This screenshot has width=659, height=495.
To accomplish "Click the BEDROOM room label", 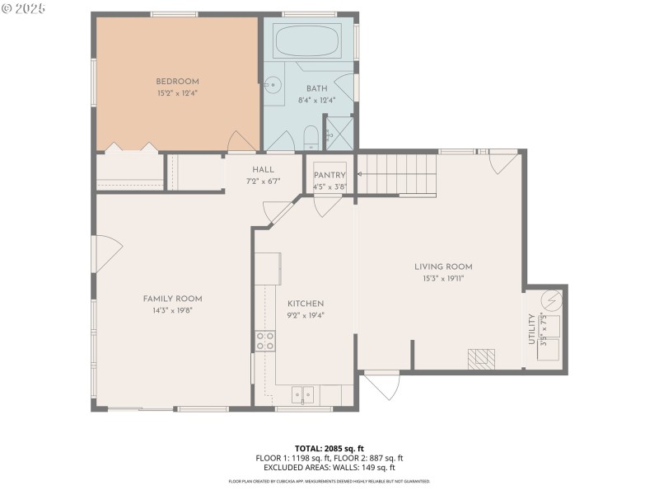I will (x=178, y=81).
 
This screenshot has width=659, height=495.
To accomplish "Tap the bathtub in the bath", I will (x=307, y=42).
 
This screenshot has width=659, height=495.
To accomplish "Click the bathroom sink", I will (x=273, y=85).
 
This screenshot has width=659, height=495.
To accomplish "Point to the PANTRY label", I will (x=329, y=176).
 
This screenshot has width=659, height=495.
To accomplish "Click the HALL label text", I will (x=263, y=169).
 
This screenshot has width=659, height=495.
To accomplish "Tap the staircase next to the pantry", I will (x=397, y=174).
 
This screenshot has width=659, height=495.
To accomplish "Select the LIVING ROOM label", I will (x=443, y=266).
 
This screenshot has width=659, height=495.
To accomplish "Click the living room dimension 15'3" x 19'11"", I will (x=443, y=278).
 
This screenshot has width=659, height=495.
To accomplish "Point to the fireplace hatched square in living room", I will (x=482, y=358).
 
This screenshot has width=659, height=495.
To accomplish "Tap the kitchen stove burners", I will (x=264, y=341).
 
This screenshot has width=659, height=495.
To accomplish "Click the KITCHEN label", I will (x=305, y=304).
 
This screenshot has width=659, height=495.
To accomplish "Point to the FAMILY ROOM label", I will (x=172, y=299).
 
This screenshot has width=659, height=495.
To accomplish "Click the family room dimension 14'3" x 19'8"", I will (x=172, y=310).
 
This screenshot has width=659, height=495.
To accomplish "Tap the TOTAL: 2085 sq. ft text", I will (x=329, y=448).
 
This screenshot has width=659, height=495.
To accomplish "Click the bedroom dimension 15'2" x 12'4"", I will (x=178, y=93).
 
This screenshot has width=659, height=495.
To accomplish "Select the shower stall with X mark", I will (x=340, y=134).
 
